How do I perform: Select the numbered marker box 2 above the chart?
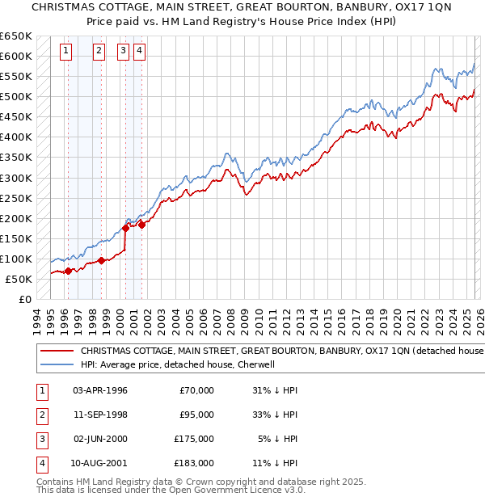(99, 51)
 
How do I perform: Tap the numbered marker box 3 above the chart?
(123, 51)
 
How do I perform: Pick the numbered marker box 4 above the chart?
(139, 51)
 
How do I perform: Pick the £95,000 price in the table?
(196, 415)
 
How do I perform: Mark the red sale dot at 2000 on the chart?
(125, 228)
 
